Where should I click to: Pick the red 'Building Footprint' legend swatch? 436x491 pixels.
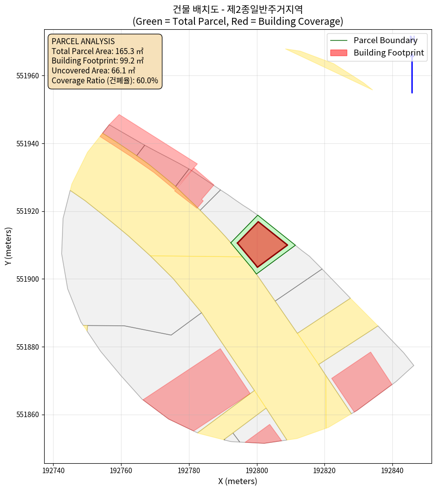click(339, 53)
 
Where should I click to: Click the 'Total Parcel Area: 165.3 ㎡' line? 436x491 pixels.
click(98, 51)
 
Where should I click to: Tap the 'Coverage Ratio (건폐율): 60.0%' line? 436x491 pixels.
click(105, 80)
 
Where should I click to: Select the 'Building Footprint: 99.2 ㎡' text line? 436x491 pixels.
click(98, 61)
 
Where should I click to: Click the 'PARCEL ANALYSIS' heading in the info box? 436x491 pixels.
click(83, 42)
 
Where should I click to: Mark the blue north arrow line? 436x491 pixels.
click(412, 74)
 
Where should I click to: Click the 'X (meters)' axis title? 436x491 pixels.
click(238, 481)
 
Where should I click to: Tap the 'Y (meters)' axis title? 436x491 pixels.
click(8, 246)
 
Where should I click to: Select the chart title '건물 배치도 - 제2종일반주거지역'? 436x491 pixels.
click(238, 9)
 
